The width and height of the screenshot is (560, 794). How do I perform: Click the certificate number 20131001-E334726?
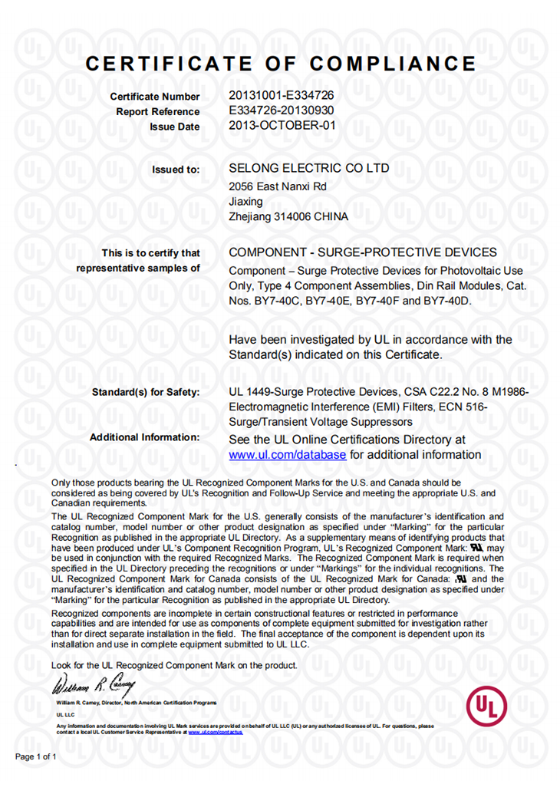(x=281, y=96)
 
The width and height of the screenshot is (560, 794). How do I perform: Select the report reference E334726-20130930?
(x=281, y=110)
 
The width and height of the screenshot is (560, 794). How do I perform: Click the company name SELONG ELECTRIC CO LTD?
(x=308, y=168)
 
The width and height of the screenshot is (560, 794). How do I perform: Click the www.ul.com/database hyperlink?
(x=288, y=455)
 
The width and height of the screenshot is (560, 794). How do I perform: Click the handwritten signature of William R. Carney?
(x=94, y=683)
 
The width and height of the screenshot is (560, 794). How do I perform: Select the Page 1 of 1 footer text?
(x=36, y=756)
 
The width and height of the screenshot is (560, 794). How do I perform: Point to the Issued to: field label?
(x=176, y=170)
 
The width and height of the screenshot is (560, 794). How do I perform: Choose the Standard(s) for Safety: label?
(x=145, y=393)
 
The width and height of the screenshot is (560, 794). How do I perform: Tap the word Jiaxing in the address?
(x=245, y=202)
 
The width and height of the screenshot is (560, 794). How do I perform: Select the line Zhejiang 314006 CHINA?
(x=288, y=217)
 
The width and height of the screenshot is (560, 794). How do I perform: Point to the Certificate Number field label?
(x=154, y=97)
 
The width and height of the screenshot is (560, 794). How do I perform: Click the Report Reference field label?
(x=157, y=112)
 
